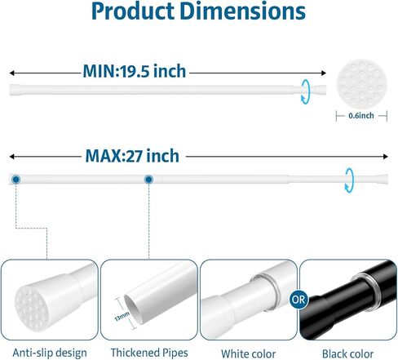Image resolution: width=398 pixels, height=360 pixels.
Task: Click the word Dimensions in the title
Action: (242, 11)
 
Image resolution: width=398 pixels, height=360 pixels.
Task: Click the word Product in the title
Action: (133, 11)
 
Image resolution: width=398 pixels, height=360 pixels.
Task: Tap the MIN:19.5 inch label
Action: (135, 71)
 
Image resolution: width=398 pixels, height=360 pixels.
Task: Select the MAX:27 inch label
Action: (132, 156)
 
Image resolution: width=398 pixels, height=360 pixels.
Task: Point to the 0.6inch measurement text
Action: (361, 116)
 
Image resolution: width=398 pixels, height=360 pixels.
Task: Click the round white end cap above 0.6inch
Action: (361, 83)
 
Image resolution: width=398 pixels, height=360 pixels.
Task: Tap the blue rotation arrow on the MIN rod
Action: (305, 91)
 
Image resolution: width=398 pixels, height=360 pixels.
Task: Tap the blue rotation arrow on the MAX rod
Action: (349, 180)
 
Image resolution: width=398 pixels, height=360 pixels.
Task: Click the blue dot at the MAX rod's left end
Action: (16, 180)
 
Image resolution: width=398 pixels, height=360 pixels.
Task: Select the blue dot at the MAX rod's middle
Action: (148, 180)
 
